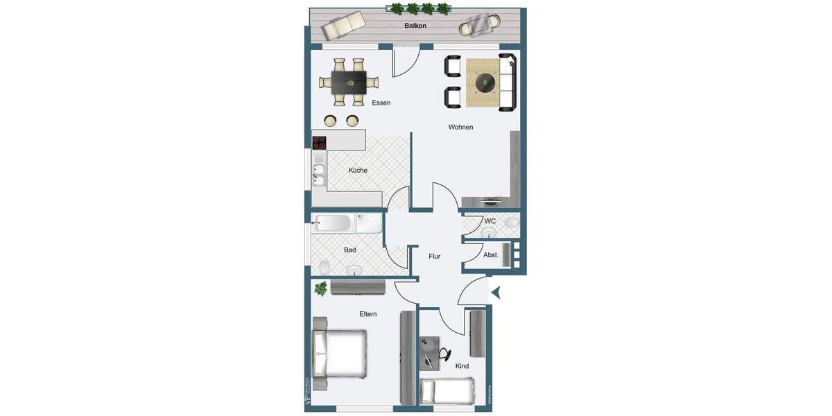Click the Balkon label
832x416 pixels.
click(415, 26)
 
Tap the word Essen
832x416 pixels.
click(381, 103)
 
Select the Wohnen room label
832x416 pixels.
click(460, 127)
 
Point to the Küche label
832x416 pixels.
click(358, 170)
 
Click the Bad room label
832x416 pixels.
click(350, 250)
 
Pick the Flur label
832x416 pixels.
click(435, 257)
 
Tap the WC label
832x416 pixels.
click(490, 221)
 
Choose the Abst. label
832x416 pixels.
click(491, 255)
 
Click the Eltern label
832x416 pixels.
click(368, 314)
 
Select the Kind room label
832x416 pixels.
click(462, 366)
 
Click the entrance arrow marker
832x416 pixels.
click(496, 293)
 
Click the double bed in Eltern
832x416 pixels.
click(340, 352)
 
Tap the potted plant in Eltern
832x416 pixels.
click(321, 288)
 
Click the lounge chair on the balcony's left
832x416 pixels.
click(345, 26)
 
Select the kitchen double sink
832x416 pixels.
click(319, 175)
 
